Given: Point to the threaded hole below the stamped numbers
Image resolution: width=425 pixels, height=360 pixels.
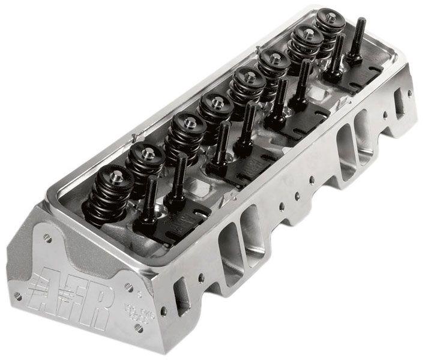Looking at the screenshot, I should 139,327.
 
